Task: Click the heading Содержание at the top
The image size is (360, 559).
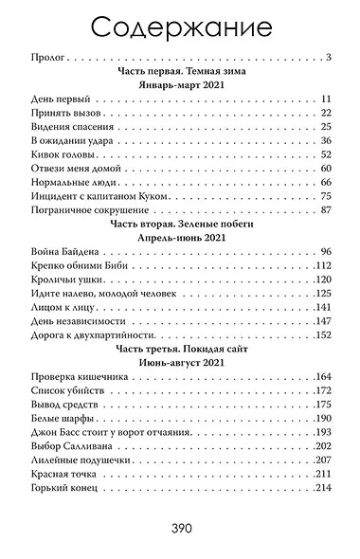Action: (180, 25)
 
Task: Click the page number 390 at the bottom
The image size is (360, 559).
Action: (180, 529)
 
